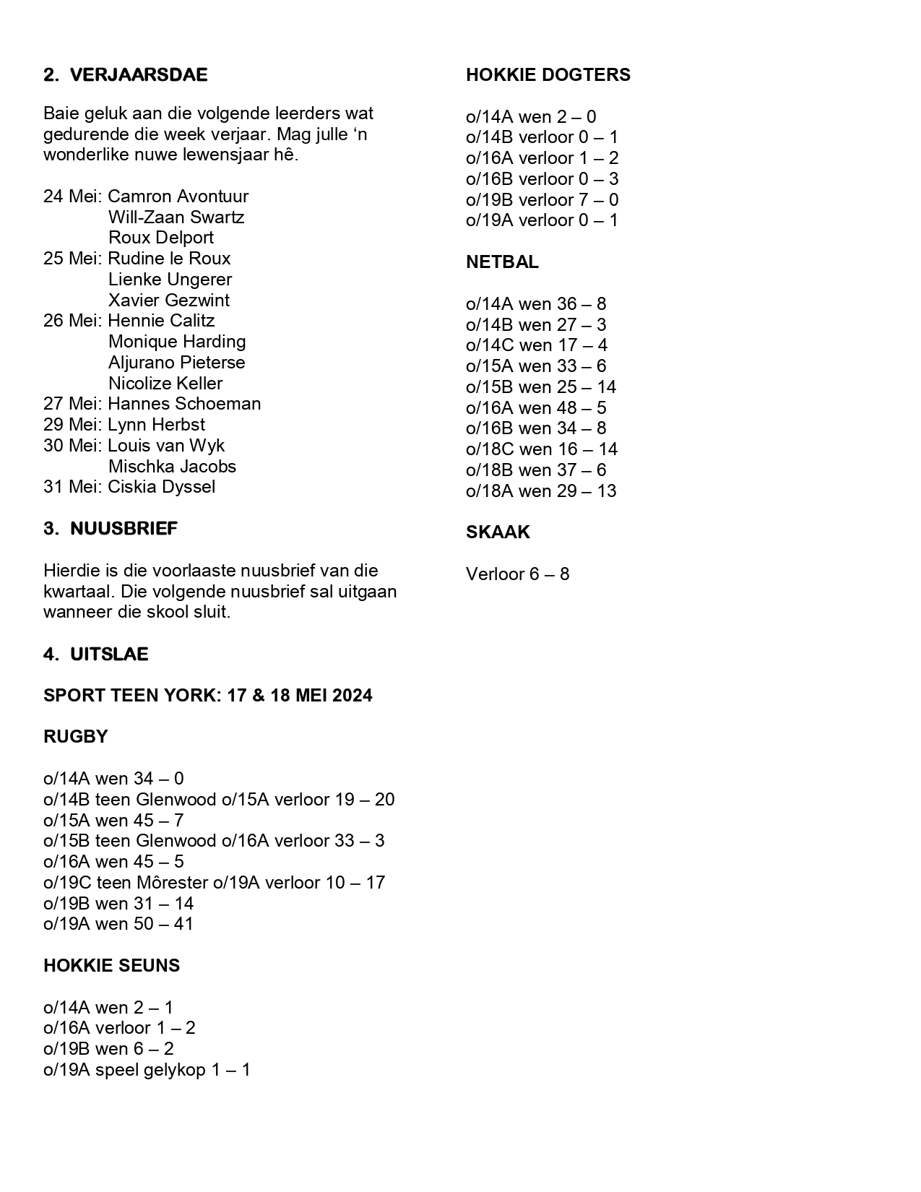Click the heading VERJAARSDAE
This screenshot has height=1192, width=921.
pyautogui.click(x=138, y=75)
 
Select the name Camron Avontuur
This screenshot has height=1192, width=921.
pyautogui.click(x=178, y=196)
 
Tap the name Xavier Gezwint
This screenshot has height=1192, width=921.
pyautogui.click(x=169, y=301)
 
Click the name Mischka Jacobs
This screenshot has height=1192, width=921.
pyautogui.click(x=172, y=467)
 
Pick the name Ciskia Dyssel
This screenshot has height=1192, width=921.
pyautogui.click(x=161, y=487)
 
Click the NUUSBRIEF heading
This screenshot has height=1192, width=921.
pyautogui.click(x=124, y=529)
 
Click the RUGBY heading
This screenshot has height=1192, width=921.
pyautogui.click(x=75, y=737)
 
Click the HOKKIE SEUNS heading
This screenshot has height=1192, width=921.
pyautogui.click(x=111, y=966)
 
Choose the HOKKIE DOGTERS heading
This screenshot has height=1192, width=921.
pyautogui.click(x=548, y=75)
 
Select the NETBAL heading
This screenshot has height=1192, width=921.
pyautogui.click(x=502, y=262)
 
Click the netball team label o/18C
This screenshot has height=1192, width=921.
pyautogui.click(x=490, y=449)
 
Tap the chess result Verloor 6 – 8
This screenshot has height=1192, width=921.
pyautogui.click(x=517, y=574)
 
